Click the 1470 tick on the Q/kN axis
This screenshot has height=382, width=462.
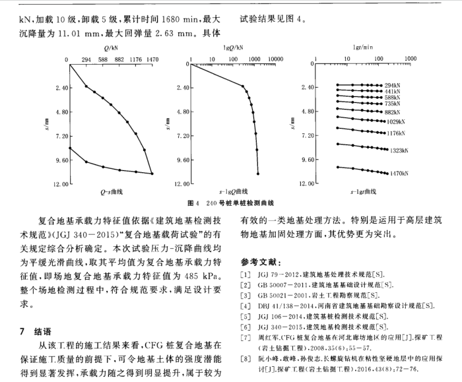[x=152, y=59]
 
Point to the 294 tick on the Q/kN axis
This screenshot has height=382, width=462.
[x=86, y=59]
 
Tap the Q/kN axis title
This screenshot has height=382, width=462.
[x=110, y=48]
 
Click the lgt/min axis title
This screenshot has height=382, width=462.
[x=364, y=48]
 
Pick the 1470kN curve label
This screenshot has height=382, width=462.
[x=398, y=174]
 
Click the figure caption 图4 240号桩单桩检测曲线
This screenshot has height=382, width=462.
[x=231, y=203]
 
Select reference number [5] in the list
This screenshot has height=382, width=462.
[x=246, y=316]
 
